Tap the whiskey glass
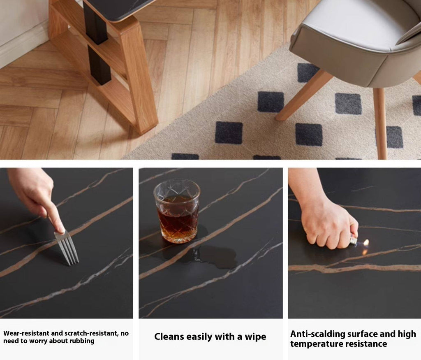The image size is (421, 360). click(x=177, y=211)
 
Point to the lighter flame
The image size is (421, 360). click(x=365, y=243)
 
